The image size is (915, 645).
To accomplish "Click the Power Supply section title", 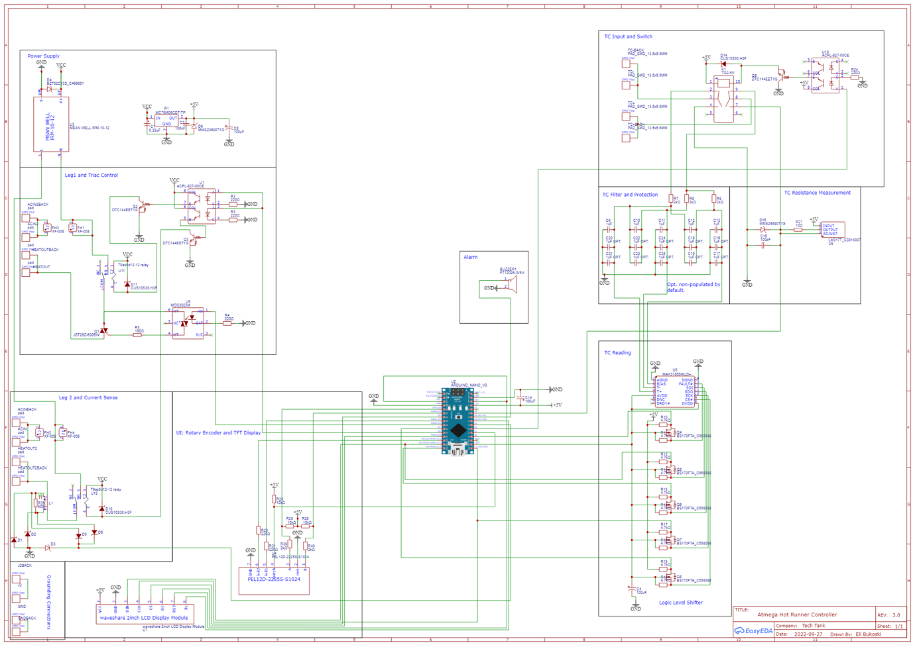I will click(x=43, y=56).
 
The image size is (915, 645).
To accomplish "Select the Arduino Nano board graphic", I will click(x=457, y=422).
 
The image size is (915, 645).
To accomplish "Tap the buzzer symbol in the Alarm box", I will click(x=511, y=285).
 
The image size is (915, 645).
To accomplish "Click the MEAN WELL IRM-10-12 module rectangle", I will click(x=51, y=124).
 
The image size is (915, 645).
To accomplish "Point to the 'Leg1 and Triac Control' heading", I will click(x=91, y=175).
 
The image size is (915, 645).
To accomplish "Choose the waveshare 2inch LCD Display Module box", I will click(x=143, y=613).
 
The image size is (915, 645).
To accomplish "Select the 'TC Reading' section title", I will click(x=617, y=353).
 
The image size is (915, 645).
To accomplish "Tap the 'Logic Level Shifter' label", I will click(x=680, y=603).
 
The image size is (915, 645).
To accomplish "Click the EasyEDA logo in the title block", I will click(x=753, y=631).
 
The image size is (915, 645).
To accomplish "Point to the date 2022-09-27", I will click(x=808, y=634).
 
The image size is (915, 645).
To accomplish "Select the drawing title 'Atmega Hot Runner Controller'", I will click(x=797, y=615).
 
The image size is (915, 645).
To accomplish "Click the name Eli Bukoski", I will click(x=868, y=634).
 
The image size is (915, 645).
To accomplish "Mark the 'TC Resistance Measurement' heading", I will click(x=817, y=193).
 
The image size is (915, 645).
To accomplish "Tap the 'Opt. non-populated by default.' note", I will click(x=693, y=287).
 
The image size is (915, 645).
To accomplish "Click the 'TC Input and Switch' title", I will click(x=628, y=37).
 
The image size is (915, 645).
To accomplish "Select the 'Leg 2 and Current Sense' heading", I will click(x=88, y=398).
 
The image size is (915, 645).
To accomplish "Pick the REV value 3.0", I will click(x=896, y=615).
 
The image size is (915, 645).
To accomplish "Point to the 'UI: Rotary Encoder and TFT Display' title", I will click(x=218, y=433).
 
